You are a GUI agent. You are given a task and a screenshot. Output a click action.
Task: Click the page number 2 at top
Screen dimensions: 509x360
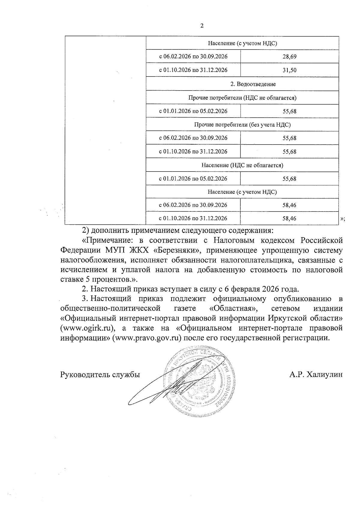coord(202,26)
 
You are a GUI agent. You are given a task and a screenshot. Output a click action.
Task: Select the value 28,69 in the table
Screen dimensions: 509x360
coord(289,57)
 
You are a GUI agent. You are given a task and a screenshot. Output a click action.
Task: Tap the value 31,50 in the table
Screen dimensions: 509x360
coord(289,70)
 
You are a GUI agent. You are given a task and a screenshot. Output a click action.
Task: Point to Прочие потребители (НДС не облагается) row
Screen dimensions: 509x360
coord(242,98)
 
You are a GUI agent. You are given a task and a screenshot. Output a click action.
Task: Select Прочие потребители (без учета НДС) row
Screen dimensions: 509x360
coord(242,124)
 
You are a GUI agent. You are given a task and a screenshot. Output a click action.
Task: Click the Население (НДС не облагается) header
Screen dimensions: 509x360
coord(242,165)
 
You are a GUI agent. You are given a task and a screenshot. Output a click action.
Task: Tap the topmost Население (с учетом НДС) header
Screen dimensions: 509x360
coord(242,43)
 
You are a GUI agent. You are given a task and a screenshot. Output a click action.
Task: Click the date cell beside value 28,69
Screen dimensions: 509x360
coord(193,56)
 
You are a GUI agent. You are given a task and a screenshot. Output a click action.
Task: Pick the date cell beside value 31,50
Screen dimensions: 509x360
coord(193,70)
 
